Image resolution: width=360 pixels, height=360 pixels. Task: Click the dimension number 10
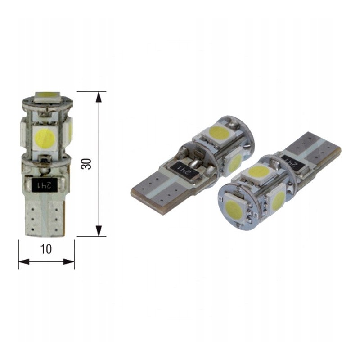pos(46,249)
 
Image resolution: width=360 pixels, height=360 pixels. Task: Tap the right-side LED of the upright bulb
pos(70,130)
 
